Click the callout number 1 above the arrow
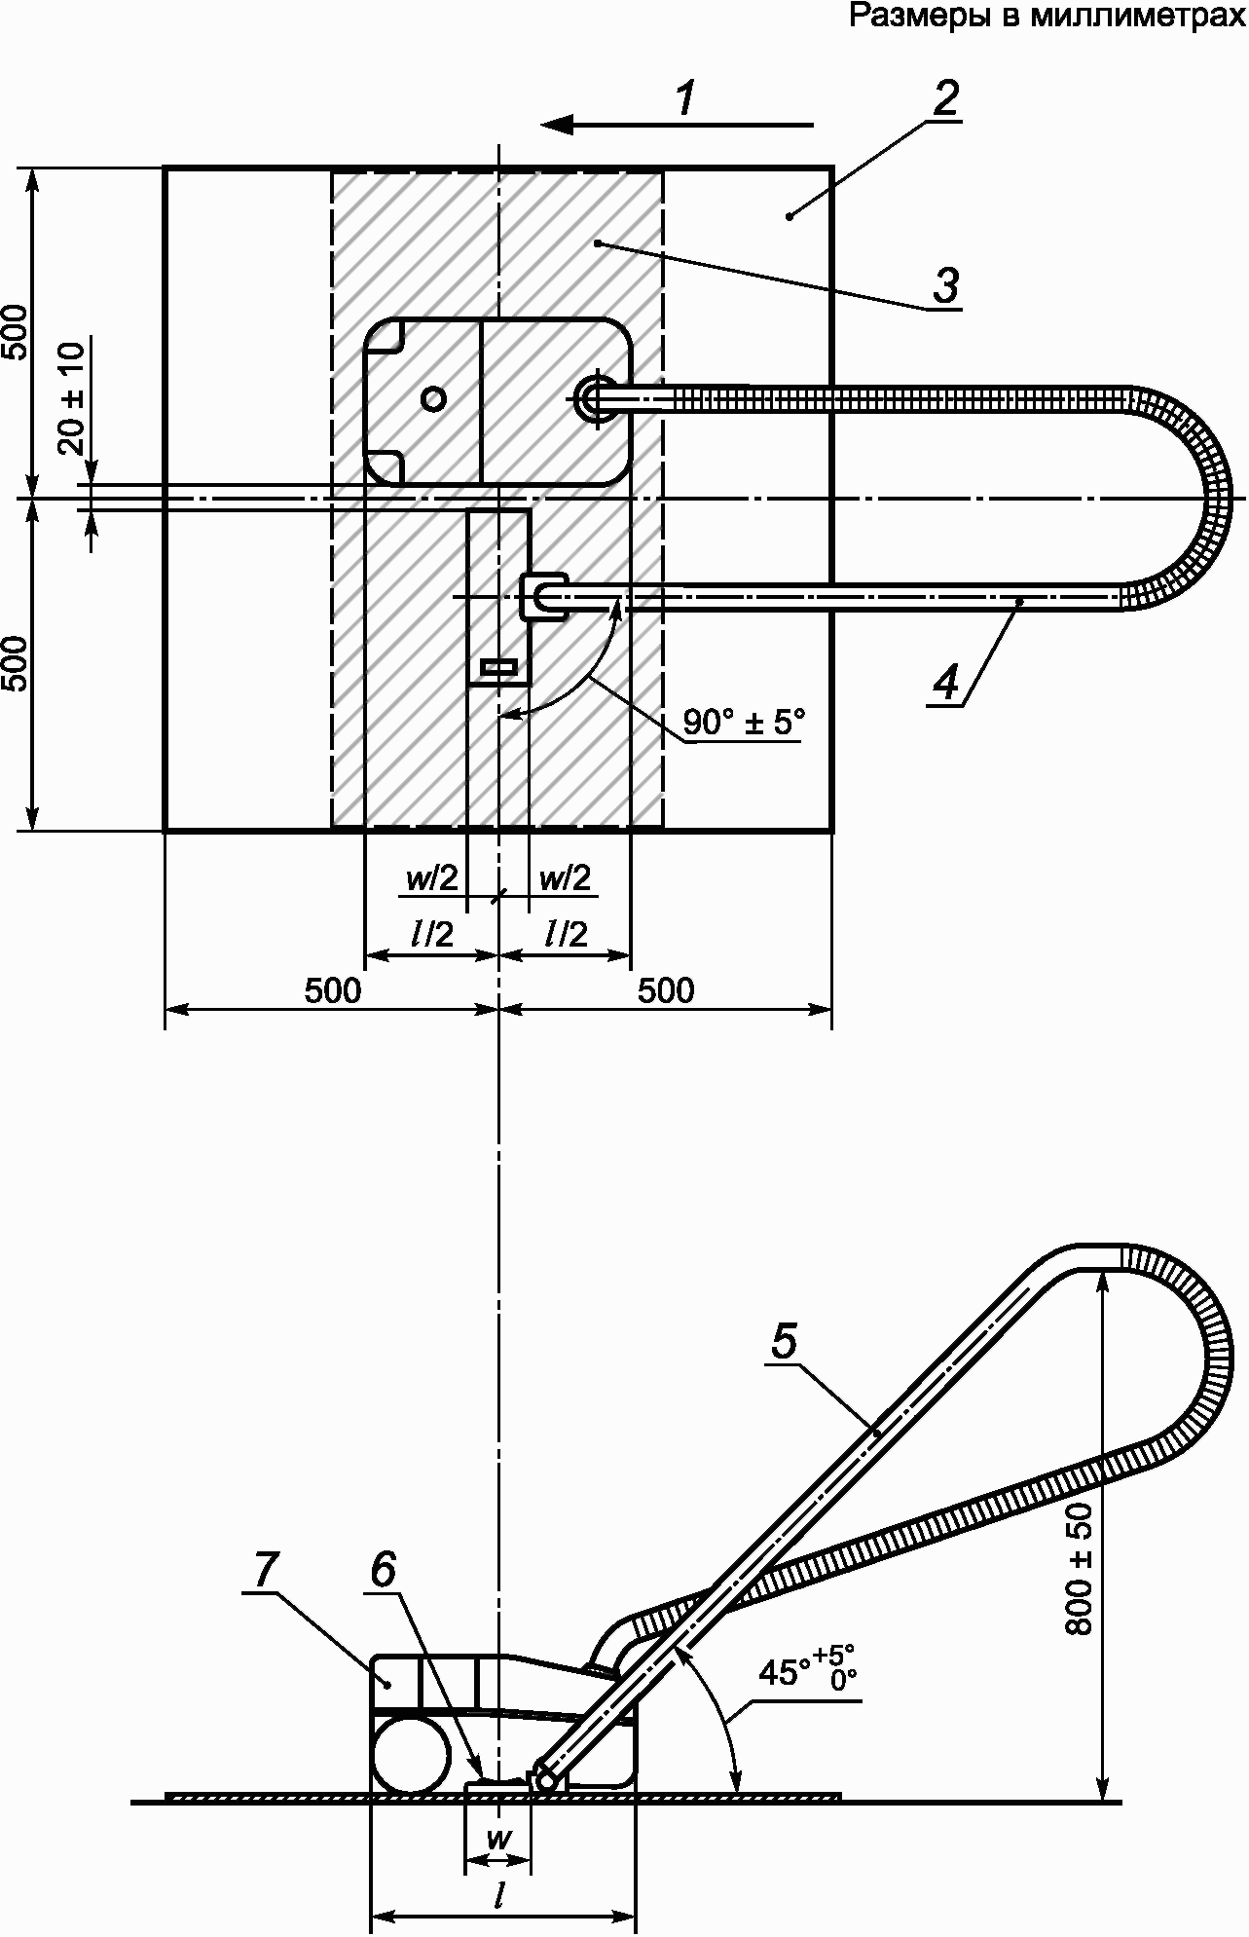pyautogui.click(x=687, y=98)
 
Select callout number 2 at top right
pyautogui.click(x=945, y=98)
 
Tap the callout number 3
pyautogui.click(x=945, y=286)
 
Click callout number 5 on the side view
pyautogui.click(x=785, y=1341)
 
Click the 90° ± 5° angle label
pyautogui.click(x=745, y=722)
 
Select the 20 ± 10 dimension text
pyautogui.click(x=71, y=398)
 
